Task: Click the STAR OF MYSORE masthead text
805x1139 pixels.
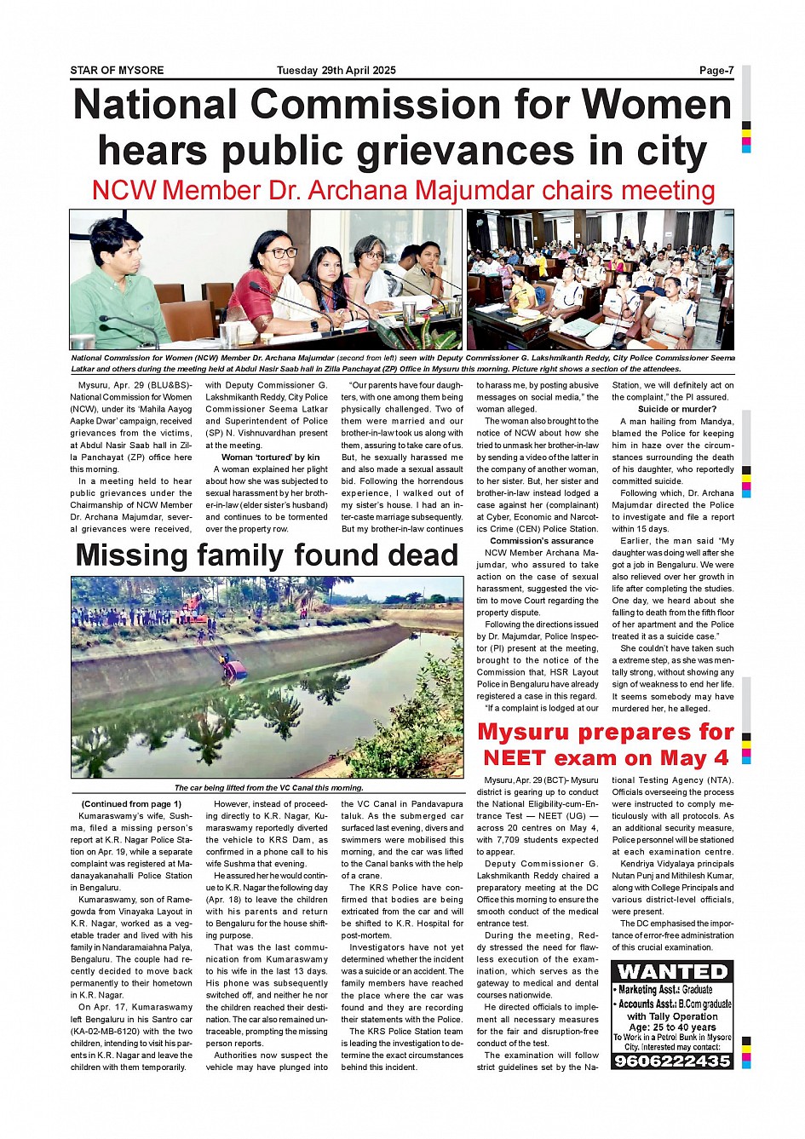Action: pyautogui.click(x=117, y=71)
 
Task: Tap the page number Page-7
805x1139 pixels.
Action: pyautogui.click(x=716, y=71)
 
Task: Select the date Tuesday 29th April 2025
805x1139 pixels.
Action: pyautogui.click(x=336, y=71)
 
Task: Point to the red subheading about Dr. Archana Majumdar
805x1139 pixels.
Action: pyautogui.click(x=403, y=190)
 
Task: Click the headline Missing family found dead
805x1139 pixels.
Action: pyautogui.click(x=267, y=555)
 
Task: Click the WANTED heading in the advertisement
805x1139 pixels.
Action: pyautogui.click(x=672, y=972)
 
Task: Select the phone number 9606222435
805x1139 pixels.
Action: pyautogui.click(x=672, y=1061)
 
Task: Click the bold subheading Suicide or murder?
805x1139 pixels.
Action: pyautogui.click(x=672, y=409)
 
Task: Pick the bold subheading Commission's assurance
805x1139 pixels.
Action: pyautogui.click(x=542, y=541)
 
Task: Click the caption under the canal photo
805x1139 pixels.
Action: pyautogui.click(x=268, y=788)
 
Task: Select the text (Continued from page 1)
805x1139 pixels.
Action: pyautogui.click(x=131, y=804)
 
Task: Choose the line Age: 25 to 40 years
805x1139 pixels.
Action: pyautogui.click(x=672, y=1027)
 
